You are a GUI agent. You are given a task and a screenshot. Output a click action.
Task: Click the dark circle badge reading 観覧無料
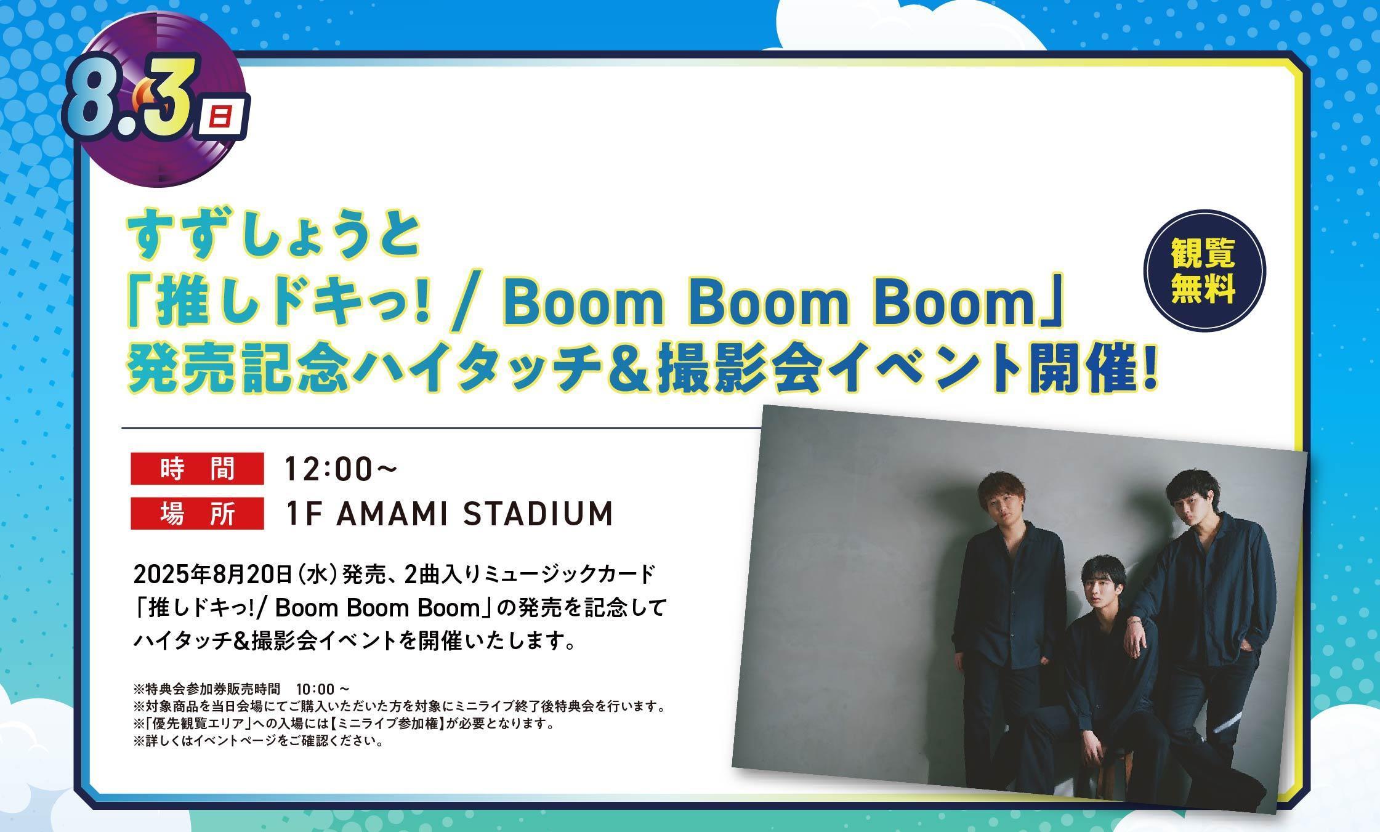[1204, 271]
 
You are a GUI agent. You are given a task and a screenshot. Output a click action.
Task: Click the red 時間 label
[197, 469]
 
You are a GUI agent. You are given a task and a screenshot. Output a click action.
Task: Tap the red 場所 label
[197, 513]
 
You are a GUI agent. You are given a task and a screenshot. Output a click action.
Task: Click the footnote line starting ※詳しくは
[258, 741]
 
